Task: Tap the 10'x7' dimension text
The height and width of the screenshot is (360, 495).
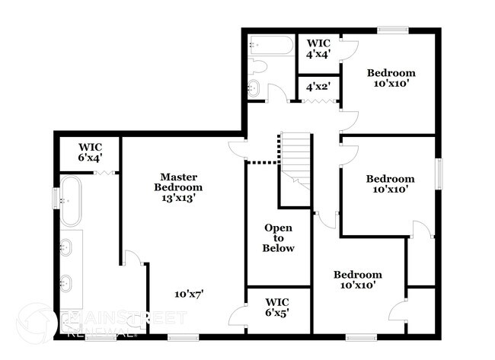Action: coord(188,293)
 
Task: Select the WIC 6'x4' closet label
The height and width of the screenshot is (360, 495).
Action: coord(91,151)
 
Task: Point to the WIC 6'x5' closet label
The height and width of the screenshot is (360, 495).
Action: coord(277,306)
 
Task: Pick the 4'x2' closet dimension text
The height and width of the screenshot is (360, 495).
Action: coord(318,87)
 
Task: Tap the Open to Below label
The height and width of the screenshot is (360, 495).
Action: coord(278,237)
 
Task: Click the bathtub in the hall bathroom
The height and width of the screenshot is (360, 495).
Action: coord(269,46)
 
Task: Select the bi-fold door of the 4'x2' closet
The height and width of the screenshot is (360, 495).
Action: coord(318,100)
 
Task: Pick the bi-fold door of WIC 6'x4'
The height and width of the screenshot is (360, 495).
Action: coord(104,174)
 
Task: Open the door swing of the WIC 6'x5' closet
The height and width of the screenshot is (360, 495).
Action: coord(239,315)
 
